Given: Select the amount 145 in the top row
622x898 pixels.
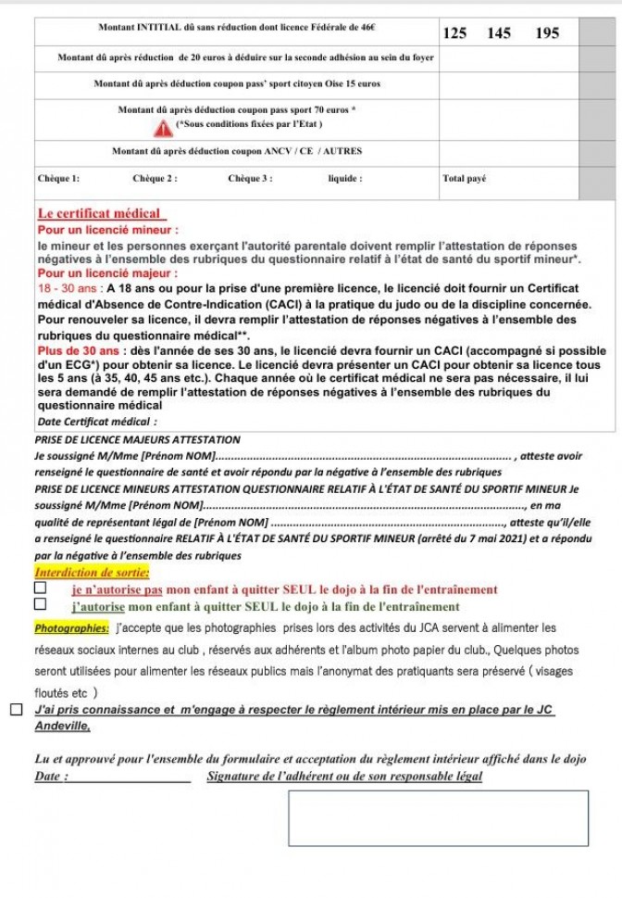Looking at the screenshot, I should (499, 33).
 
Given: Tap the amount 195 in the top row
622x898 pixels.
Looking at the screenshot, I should (548, 33).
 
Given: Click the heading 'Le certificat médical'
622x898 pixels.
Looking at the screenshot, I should (99, 214).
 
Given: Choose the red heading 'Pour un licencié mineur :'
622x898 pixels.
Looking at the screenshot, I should (108, 229).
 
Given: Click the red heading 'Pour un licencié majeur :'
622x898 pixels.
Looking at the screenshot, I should (108, 273).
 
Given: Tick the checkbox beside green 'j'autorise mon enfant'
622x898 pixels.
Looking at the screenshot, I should (40, 605).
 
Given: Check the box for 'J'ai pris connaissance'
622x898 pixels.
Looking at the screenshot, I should (17, 710).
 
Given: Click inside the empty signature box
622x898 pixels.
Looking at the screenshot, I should (438, 817).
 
